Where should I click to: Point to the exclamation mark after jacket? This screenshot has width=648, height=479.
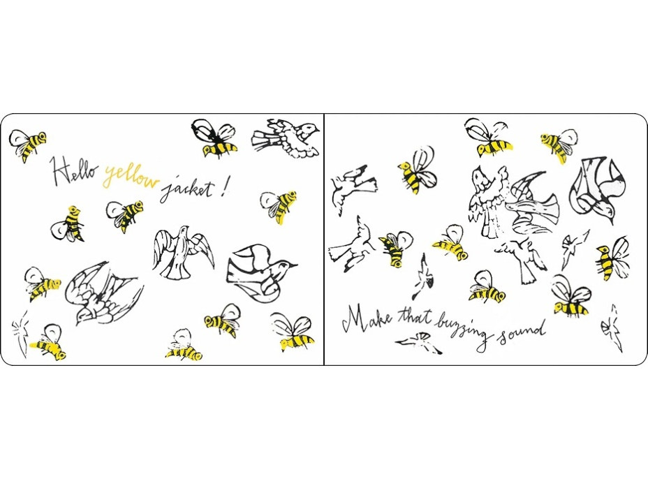pyautogui.click(x=224, y=188)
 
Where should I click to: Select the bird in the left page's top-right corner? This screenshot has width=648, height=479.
pyautogui.click(x=286, y=138)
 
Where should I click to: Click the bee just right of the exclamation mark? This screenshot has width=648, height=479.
pyautogui.click(x=279, y=205)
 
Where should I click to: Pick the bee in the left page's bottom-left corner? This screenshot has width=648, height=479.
pyautogui.click(x=48, y=343)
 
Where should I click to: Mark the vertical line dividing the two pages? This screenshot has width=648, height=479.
pyautogui.click(x=324, y=239)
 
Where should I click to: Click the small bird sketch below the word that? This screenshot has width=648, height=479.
pyautogui.click(x=419, y=343)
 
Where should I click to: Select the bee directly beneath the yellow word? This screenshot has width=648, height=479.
pyautogui.click(x=125, y=215)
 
